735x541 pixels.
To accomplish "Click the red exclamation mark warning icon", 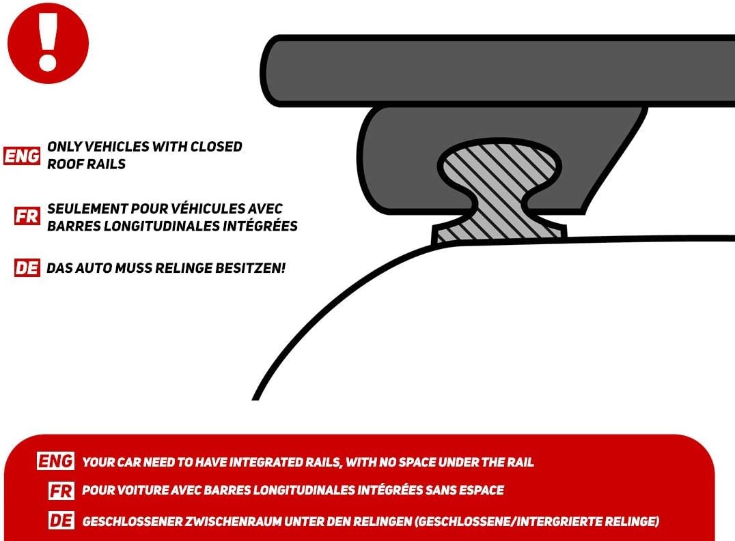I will [48, 43].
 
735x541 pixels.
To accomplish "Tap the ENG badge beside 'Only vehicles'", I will [23, 156].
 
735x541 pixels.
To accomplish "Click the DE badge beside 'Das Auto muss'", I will [27, 268].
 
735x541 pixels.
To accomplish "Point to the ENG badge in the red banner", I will [56, 462].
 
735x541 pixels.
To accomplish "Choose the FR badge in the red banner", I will [61, 491].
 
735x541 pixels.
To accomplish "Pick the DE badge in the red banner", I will [61, 521].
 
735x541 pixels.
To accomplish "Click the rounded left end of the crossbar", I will [273, 70].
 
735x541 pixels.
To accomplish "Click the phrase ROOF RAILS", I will [86, 164].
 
